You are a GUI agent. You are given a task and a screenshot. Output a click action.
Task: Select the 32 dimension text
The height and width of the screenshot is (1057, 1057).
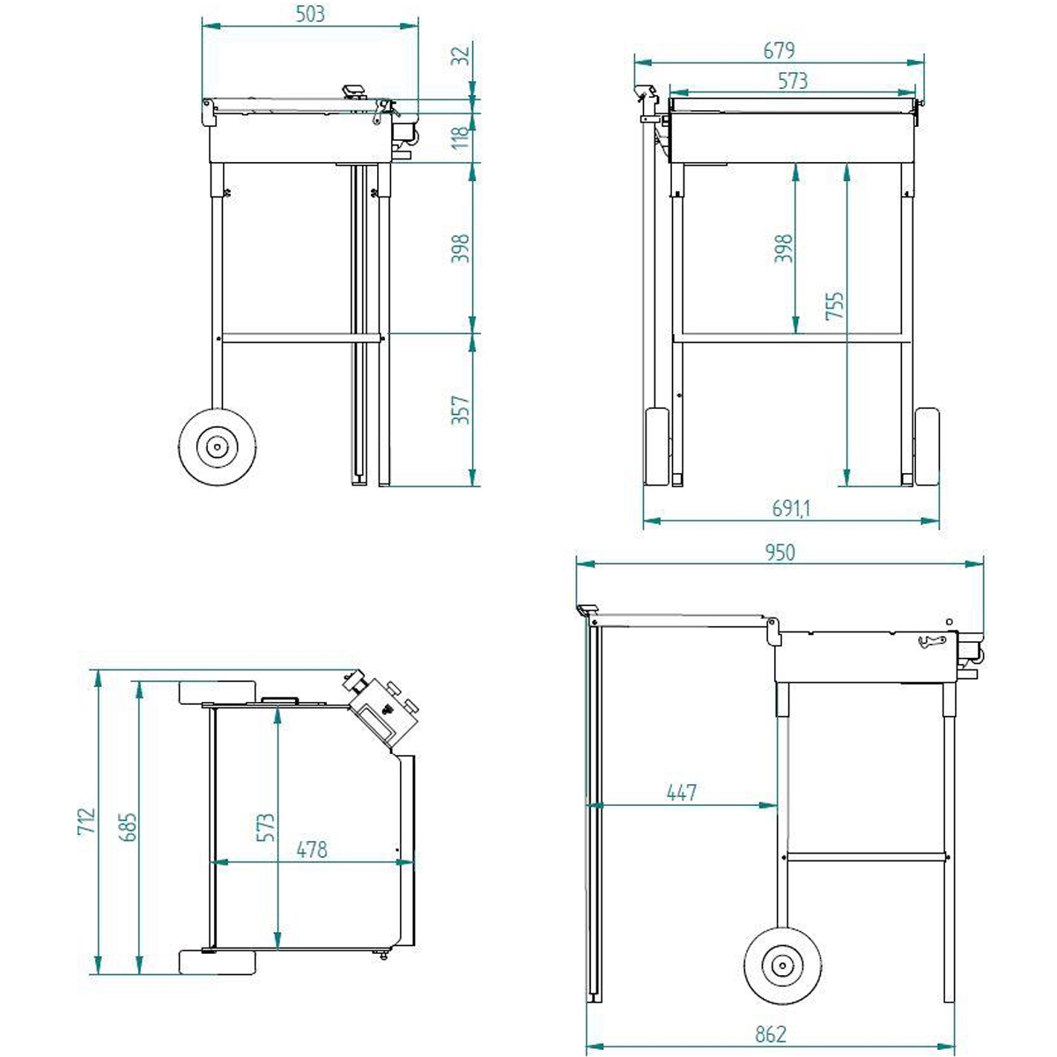pos(461,55)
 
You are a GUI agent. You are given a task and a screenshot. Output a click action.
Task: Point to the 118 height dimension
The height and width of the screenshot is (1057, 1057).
pos(461,137)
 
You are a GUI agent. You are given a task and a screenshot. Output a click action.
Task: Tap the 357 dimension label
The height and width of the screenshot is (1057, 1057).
pos(461,410)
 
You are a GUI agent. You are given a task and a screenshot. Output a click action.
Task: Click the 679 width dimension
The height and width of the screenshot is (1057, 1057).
pos(779,50)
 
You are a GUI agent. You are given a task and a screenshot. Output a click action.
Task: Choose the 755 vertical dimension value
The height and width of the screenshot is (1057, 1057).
pos(835,306)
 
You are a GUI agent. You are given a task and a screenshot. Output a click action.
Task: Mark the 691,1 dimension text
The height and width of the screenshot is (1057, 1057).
pos(791,508)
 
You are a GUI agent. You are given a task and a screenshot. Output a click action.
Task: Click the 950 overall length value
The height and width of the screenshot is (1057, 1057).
pos(779,552)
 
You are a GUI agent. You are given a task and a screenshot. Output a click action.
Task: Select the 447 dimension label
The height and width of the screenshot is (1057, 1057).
pos(682,793)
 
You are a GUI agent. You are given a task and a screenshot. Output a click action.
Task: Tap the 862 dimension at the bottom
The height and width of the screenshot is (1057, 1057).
pos(770,1034)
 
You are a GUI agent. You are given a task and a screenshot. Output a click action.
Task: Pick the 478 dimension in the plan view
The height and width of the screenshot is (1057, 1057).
pos(312,849)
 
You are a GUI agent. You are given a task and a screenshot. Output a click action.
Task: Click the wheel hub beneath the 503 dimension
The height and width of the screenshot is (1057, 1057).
pos(215,447)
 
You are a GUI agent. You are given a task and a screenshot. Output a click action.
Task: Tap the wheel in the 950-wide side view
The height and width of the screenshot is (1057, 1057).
pos(782,966)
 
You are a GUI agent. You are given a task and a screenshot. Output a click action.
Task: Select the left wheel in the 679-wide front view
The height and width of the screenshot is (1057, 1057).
pos(657,447)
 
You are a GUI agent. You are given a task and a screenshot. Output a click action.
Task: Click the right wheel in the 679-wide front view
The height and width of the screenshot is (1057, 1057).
pos(927,447)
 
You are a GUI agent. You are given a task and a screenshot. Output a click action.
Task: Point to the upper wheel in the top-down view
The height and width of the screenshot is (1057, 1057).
pos(218,692)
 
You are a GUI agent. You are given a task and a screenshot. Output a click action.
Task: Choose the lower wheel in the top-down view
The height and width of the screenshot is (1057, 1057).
pos(218,962)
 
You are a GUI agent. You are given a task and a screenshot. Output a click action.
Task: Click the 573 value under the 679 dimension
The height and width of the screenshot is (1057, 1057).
pos(793,81)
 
